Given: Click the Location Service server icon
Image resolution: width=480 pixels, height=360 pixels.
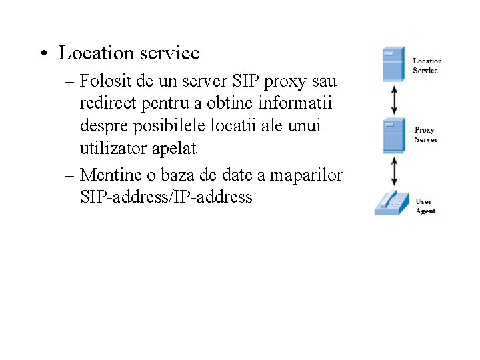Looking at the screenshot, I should tap(393, 64).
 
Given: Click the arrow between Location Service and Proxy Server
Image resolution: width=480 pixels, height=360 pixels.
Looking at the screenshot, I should tap(395, 100).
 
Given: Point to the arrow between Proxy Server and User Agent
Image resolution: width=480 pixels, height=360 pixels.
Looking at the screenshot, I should tap(395, 171).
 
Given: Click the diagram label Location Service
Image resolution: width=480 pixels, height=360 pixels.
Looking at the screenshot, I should tap(427, 65).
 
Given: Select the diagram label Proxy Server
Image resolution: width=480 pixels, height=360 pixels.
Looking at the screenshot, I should tap(425, 135).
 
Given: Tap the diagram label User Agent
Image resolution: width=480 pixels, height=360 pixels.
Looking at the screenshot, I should tap(425, 206).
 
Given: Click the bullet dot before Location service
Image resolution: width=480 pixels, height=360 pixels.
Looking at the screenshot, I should tap(43, 53).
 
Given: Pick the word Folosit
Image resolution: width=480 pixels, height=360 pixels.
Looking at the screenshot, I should tap(104, 81).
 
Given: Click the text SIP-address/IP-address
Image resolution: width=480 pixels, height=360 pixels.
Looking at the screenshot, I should tap(166, 197).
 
